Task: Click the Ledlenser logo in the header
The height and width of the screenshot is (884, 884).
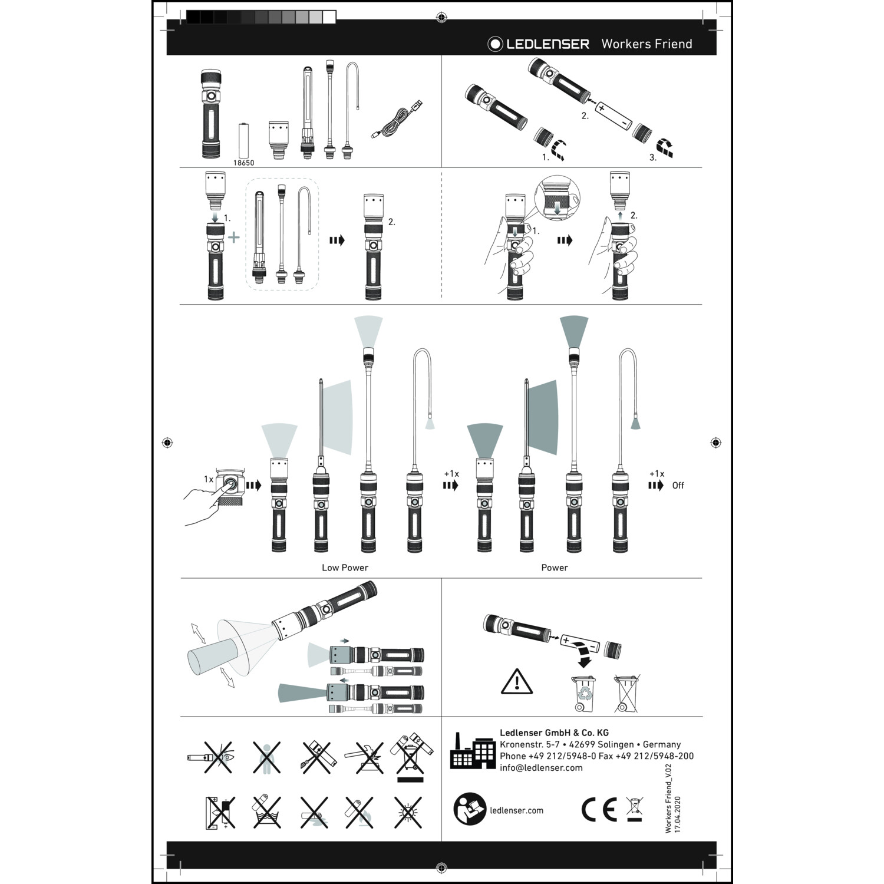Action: (538, 44)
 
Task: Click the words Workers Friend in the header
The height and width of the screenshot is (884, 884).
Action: (646, 44)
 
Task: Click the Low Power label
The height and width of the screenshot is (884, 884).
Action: (345, 568)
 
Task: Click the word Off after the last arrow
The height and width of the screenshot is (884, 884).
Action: (678, 486)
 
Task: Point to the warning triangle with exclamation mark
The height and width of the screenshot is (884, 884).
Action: (517, 682)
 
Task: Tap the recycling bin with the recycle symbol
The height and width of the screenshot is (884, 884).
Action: (583, 694)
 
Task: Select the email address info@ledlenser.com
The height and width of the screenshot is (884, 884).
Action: (541, 767)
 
